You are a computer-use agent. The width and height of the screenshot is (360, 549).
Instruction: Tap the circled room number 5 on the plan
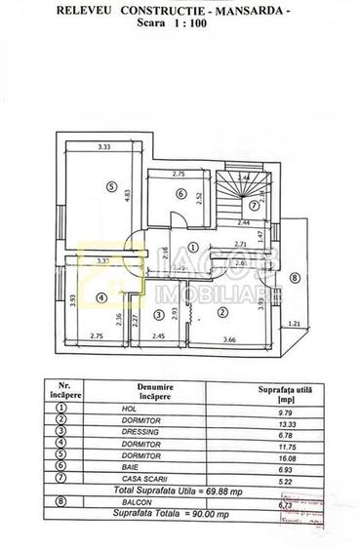[111, 187]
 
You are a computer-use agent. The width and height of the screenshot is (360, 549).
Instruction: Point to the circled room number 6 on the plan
[180, 193]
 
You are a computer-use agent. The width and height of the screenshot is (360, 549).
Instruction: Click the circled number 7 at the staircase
[252, 205]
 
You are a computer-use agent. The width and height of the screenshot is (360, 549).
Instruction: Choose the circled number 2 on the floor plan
[222, 312]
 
